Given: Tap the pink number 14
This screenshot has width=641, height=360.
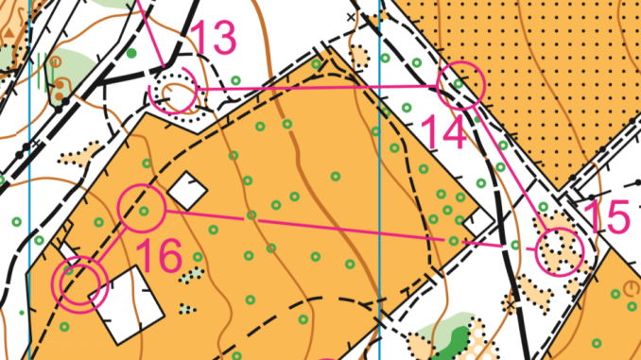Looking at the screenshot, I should click(x=442, y=131).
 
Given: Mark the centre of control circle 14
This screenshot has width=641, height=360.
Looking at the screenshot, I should click(x=461, y=84).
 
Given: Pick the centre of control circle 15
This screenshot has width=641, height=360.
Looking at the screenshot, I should click(x=560, y=251).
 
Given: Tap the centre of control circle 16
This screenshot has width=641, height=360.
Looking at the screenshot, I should click(x=142, y=207).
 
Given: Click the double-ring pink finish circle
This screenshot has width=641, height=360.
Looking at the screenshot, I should click(x=81, y=283).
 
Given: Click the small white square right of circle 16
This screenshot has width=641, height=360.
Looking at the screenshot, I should click(x=189, y=192).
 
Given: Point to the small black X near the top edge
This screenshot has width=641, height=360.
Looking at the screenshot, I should click(x=352, y=17).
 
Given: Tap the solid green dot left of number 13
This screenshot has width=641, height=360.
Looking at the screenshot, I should click(x=131, y=54).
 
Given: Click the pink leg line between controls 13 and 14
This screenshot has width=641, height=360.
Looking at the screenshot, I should click(x=321, y=88).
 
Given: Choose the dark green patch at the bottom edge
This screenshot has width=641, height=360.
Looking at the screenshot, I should click(x=458, y=341).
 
